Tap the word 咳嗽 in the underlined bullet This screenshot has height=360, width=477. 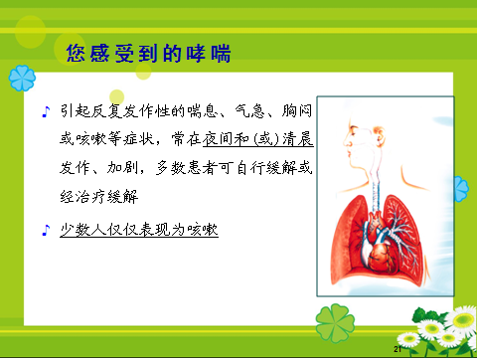[200, 230]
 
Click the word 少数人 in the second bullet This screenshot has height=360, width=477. [81, 230]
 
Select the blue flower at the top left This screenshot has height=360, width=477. [22, 81]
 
